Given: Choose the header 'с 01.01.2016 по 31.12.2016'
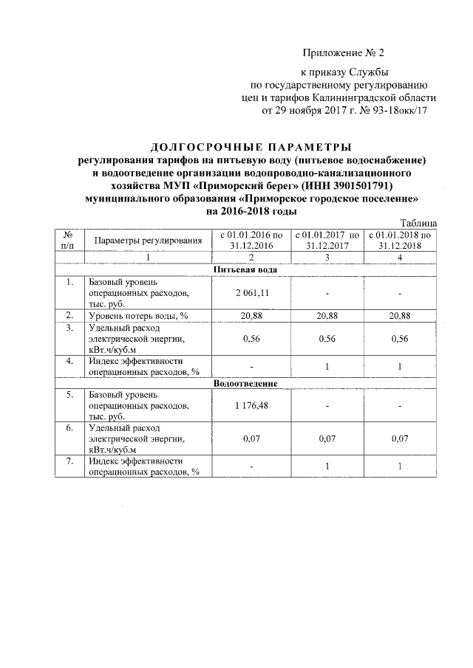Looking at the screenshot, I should tap(251, 240).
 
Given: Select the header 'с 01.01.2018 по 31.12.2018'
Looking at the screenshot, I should tap(399, 240).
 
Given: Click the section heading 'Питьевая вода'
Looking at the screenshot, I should tap(245, 269).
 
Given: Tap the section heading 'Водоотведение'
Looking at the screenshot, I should tap(245, 384).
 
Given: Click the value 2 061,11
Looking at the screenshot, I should tap(251, 293).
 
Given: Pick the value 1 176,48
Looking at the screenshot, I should tap(251, 407).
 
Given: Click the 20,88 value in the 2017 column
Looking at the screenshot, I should tap(327, 315).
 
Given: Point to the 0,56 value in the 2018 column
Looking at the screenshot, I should tap(399, 339).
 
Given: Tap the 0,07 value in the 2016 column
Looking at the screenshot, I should tap(251, 438).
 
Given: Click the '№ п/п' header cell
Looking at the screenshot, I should tap(69, 240).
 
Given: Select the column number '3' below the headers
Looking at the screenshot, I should tap(327, 257).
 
